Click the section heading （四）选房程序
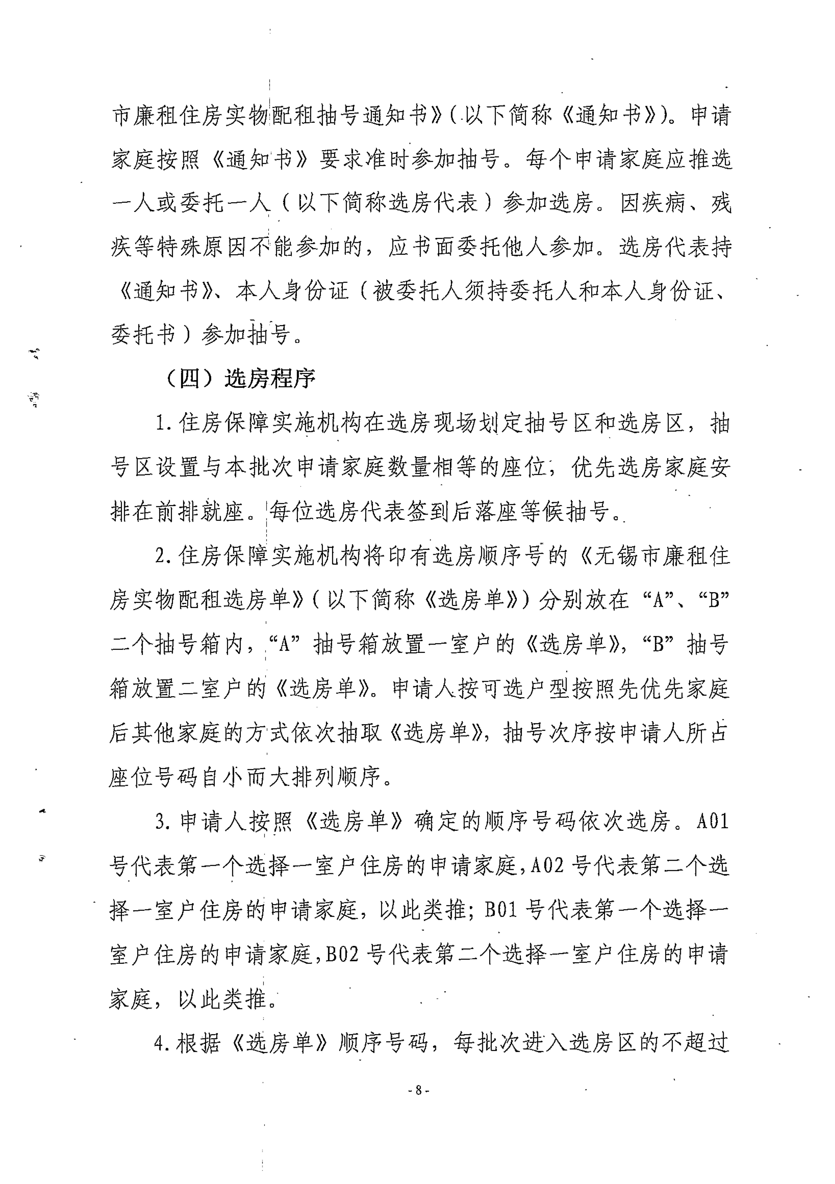(x=238, y=379)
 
